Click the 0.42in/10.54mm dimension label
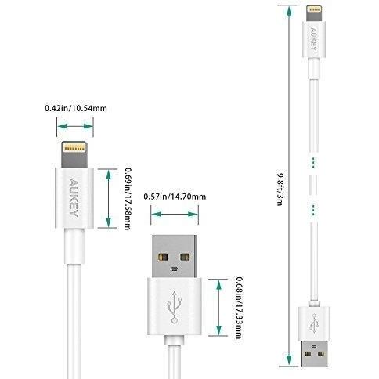[76, 108]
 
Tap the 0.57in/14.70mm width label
[175, 197]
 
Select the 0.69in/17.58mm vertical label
[128, 199]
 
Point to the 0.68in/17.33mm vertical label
[239, 308]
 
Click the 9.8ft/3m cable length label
[280, 189]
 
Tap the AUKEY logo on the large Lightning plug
[74, 197]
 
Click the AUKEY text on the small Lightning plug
[314, 39]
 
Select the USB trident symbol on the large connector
[175, 307]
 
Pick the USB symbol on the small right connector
[314, 323]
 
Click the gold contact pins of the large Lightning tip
[74, 149]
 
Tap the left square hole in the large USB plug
[163, 258]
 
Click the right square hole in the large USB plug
[185, 258]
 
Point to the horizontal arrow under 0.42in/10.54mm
[75, 126]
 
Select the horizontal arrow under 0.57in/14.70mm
[175, 215]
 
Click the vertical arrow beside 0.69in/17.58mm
[109, 198]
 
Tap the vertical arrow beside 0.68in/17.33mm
[219, 307]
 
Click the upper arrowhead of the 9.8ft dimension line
[289, 12]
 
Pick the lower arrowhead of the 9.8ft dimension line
[289, 359]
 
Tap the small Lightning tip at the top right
[314, 13]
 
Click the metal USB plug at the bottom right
[314, 354]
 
